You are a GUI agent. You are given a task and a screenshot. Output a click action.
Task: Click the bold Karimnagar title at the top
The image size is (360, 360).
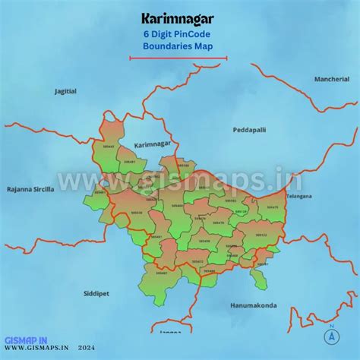(x=178, y=17)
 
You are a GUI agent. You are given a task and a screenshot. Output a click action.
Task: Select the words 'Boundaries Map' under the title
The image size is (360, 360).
(x=178, y=46)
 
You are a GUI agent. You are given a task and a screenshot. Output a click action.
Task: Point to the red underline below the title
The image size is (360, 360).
(x=178, y=57)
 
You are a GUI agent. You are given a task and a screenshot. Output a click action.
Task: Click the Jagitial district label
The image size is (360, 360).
(x=65, y=91)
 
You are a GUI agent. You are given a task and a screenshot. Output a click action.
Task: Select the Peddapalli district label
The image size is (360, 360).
(x=249, y=130)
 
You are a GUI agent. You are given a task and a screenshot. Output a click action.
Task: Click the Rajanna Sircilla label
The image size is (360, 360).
(x=30, y=189)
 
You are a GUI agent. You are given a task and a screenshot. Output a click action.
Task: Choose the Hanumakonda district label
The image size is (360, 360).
(x=253, y=305)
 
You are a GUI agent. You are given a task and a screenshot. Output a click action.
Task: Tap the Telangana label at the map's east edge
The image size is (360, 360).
(x=298, y=196)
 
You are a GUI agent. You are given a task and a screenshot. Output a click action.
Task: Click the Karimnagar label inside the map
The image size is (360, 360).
(x=152, y=144)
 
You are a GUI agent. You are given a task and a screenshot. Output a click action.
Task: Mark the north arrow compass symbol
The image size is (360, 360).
(x=331, y=335)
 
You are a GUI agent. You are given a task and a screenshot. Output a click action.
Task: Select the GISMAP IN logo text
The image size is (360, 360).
(x=26, y=340)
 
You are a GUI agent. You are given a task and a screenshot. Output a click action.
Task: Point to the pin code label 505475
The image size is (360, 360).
(x=273, y=207)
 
